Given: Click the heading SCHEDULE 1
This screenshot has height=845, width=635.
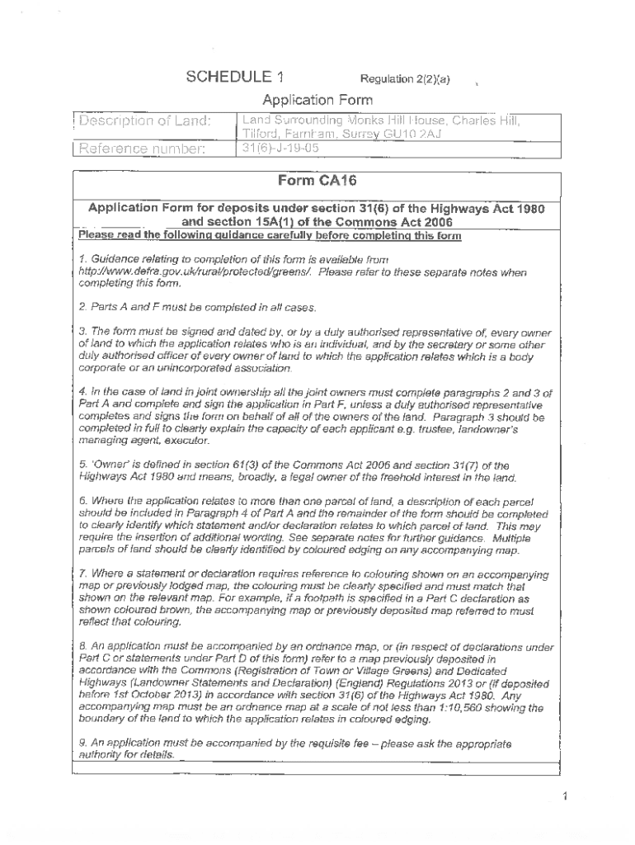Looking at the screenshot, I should click(234, 78).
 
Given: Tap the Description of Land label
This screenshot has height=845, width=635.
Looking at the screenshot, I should click(145, 121).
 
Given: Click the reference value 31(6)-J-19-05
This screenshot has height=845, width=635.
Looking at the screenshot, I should click(280, 149).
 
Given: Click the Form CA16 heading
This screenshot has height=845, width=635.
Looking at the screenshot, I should click(317, 182).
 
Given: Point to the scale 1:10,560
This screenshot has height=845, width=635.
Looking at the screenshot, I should click(464, 707).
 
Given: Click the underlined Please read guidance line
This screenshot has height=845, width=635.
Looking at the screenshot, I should click(270, 236).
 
